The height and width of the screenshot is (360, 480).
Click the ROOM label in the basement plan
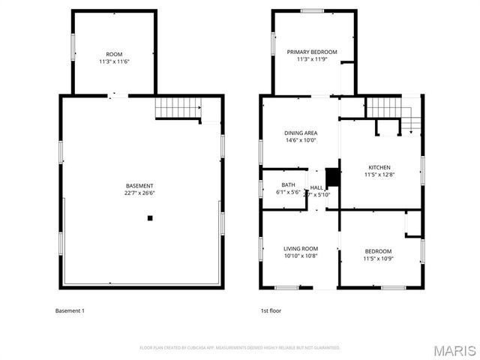114,55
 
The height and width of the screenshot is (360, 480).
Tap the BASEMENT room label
140,186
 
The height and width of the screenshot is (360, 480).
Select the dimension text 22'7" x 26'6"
140,193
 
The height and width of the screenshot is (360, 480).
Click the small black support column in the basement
150,218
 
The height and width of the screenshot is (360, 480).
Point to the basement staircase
178,109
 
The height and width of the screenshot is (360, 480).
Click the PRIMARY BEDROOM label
312,52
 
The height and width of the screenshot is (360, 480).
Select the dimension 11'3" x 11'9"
312,60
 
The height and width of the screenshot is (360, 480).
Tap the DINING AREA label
300,133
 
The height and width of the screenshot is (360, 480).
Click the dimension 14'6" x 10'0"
300,140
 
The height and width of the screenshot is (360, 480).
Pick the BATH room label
289,184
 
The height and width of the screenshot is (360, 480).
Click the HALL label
316,187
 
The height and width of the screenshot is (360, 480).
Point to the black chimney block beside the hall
329,177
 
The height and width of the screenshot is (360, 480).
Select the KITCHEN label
379,167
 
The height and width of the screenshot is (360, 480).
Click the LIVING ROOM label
300,248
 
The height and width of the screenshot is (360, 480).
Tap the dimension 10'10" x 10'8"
300,256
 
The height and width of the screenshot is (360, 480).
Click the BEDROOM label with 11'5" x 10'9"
378,251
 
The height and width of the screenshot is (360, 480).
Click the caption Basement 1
70,310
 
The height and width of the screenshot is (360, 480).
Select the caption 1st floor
271,310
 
